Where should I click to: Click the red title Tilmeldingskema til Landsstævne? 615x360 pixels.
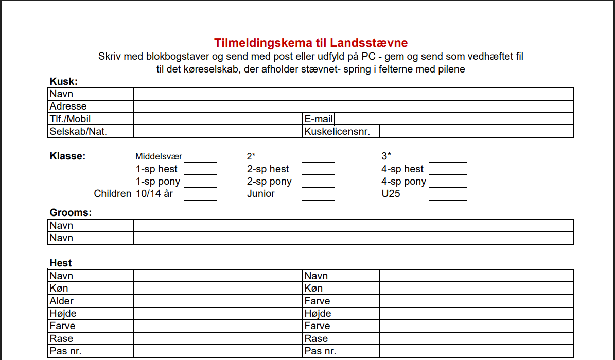click(x=311, y=43)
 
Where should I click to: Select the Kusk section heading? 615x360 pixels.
click(x=63, y=81)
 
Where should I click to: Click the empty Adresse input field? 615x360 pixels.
click(x=353, y=106)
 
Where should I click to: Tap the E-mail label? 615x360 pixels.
click(x=319, y=119)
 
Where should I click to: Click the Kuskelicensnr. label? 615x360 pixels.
click(x=337, y=132)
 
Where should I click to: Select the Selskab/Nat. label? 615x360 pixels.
click(x=78, y=132)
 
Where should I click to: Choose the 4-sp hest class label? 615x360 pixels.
click(x=402, y=169)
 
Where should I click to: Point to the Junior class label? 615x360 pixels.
click(x=261, y=194)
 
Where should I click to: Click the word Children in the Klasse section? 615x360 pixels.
click(x=113, y=194)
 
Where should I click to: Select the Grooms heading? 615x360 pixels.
click(x=71, y=212)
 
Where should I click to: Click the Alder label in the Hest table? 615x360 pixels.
click(x=61, y=301)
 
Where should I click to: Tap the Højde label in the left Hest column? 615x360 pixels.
click(x=63, y=314)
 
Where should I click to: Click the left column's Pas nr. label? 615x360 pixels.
click(x=65, y=351)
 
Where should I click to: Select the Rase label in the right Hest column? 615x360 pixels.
click(x=315, y=339)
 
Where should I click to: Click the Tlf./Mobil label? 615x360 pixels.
click(x=70, y=119)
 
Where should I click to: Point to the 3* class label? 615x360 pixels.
click(x=386, y=156)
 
